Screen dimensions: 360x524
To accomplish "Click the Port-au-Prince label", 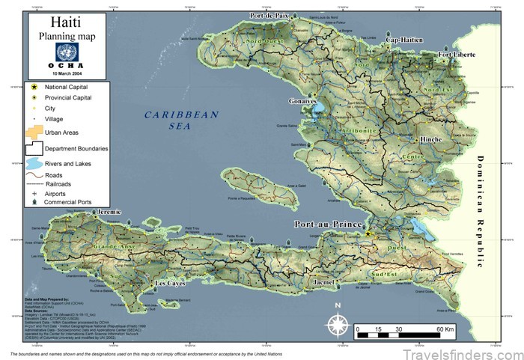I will pyautogui.click(x=326, y=225).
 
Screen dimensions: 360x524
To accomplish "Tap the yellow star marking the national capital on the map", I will pyautogui.click(x=368, y=234).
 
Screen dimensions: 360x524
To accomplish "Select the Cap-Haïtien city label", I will pyautogui.click(x=404, y=40).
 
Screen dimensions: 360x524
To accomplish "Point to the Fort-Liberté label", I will pyautogui.click(x=457, y=55).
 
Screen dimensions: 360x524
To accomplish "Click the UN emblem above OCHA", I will pyautogui.click(x=67, y=52).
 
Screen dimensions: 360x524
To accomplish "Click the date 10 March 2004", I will pyautogui.click(x=67, y=73).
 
